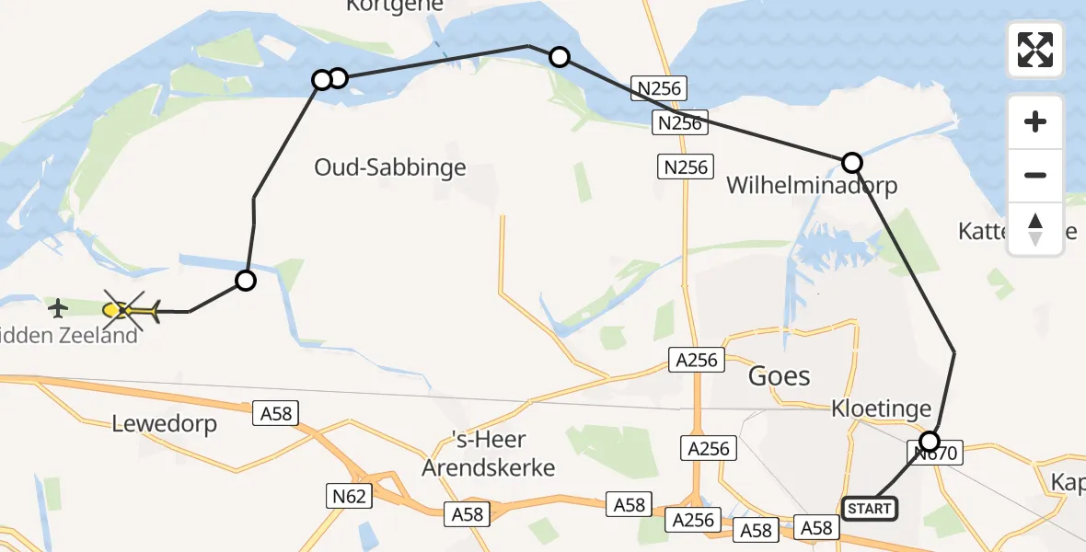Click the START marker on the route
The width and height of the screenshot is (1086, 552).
point(868,508)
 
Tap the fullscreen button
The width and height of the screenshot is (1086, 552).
point(1035,49)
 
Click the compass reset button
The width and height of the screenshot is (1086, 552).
point(1035,229)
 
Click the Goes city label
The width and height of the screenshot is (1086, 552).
point(779,375)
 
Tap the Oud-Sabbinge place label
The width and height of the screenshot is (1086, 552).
point(390,167)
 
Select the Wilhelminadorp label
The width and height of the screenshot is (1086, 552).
point(811,186)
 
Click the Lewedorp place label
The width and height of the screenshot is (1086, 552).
point(164,424)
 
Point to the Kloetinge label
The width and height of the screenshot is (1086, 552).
point(881,408)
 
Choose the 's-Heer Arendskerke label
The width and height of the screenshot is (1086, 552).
point(488,454)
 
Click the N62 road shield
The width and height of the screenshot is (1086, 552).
point(349,497)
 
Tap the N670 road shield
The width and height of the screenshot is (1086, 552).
point(938,453)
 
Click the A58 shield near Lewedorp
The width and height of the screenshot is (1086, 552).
point(276,413)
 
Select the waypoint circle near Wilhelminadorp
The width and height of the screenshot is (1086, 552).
point(852,163)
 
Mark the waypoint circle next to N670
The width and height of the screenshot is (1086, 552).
point(930,440)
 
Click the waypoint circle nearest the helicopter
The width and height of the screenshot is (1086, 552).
point(245,281)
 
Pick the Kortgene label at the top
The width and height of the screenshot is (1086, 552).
point(395,6)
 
